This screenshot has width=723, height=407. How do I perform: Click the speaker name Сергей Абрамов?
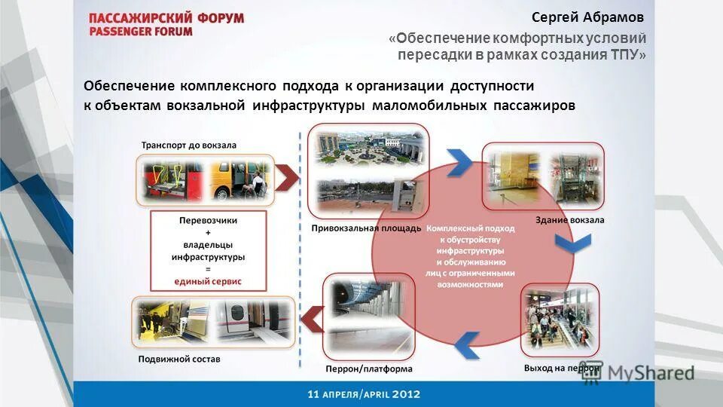(588, 17)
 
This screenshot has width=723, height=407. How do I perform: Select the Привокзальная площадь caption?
(366, 228)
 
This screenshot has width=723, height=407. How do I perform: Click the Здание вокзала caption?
(569, 220)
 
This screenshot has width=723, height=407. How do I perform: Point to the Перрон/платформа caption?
(369, 369)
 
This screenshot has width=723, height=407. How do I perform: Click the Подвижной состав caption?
(179, 359)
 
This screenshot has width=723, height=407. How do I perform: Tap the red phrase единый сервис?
(208, 281)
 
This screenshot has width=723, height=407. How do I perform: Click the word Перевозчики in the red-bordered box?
(209, 221)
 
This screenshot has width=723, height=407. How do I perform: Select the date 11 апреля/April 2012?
(363, 394)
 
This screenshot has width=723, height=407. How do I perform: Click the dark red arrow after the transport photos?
(286, 178)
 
